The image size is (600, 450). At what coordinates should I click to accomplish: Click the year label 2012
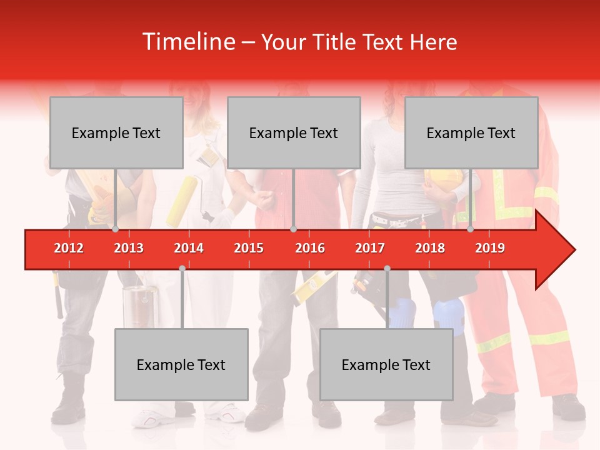69,248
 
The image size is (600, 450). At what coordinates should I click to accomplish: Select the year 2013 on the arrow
129,248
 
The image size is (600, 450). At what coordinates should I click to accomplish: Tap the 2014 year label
189,248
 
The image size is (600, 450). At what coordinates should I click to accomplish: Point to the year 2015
249,248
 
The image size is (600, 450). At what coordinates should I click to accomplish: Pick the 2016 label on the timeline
310,248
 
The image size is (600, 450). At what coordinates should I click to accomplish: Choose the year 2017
370,248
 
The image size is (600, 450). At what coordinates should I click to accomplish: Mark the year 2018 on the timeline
430,248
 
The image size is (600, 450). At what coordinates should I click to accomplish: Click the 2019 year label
490,248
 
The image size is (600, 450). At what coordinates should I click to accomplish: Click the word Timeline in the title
187,42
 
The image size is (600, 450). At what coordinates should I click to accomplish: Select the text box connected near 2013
116,132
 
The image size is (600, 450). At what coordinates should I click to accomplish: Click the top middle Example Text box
294,132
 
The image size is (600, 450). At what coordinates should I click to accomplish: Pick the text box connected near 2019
471,132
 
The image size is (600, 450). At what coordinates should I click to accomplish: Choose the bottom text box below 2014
181,364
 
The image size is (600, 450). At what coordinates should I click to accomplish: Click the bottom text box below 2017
386,364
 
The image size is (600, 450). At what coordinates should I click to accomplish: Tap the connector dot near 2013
115,229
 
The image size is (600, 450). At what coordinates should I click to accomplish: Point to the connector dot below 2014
182,268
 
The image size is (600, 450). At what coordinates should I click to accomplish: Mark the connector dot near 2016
293,229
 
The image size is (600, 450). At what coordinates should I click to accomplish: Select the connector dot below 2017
387,268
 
